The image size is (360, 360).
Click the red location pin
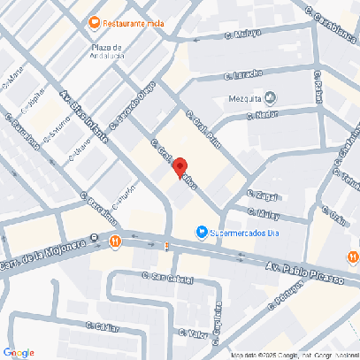pyautogui.click(x=180, y=166)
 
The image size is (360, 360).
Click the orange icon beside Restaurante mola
pyautogui.click(x=95, y=23)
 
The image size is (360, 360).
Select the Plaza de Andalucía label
pyautogui.click(x=107, y=51)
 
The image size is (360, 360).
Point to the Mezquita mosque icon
pyautogui.click(x=272, y=98)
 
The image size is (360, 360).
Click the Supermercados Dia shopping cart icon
pyautogui.click(x=202, y=233)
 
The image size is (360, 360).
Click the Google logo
pyautogui.click(x=19, y=352)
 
